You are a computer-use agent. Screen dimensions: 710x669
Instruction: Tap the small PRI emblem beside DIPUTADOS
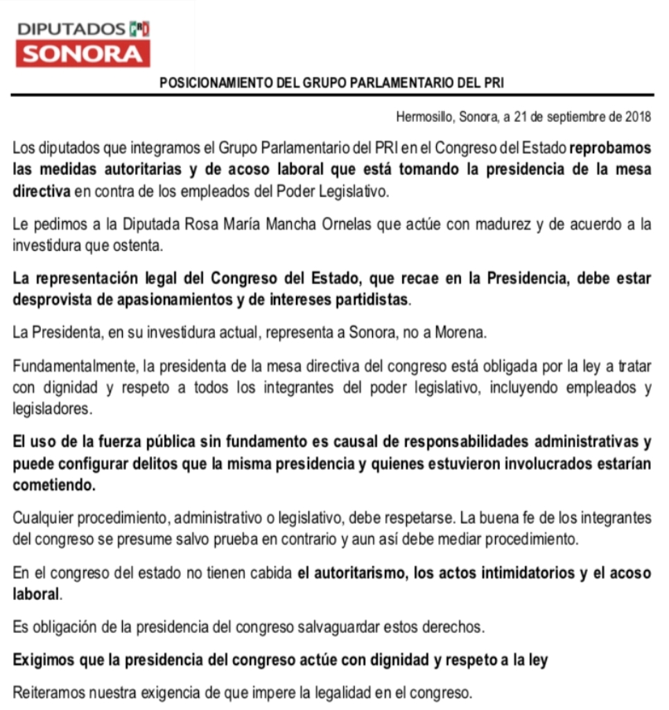click(139, 29)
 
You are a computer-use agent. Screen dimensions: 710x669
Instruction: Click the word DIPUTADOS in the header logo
click(71, 29)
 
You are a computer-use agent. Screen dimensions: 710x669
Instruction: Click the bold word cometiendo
click(55, 485)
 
